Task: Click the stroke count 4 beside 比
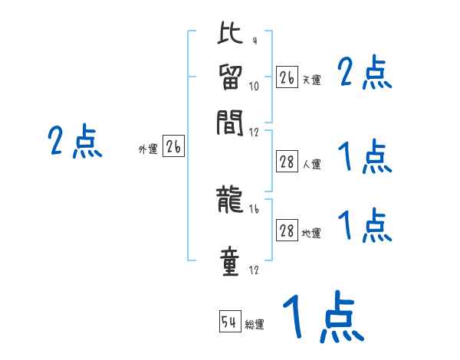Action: pyautogui.click(x=254, y=41)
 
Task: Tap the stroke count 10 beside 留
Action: pyautogui.click(x=255, y=86)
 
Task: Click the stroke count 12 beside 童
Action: pyautogui.click(x=254, y=270)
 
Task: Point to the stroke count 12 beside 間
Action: pyautogui.click(x=255, y=131)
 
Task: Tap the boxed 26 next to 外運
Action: pyautogui.click(x=173, y=147)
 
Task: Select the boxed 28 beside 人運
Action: pyautogui.click(x=287, y=162)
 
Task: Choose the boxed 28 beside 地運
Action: pyautogui.click(x=287, y=231)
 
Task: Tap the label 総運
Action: pyautogui.click(x=255, y=325)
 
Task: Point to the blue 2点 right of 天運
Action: pyautogui.click(x=364, y=74)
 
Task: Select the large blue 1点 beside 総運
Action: pyautogui.click(x=322, y=316)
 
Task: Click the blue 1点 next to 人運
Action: pyautogui.click(x=364, y=159)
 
